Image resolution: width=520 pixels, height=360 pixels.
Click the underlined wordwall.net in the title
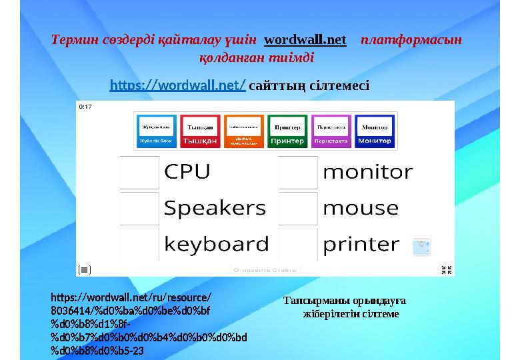305,40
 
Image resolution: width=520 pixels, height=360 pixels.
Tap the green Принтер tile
287,131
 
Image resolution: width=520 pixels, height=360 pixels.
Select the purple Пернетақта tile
331,131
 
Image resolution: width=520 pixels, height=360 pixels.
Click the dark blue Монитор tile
375,131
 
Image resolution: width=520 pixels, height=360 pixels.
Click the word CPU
187,172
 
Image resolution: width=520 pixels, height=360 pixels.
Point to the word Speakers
215,208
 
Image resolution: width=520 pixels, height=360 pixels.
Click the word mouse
360,208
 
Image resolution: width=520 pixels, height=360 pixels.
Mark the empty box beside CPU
139,172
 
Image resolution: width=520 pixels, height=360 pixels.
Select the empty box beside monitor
297,172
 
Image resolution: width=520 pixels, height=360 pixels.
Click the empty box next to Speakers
139,208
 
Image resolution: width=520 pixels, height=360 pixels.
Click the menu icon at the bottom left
85,269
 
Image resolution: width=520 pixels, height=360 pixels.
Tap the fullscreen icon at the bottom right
448,269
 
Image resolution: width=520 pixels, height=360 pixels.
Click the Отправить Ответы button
266,269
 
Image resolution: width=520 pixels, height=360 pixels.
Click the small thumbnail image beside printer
421,247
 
